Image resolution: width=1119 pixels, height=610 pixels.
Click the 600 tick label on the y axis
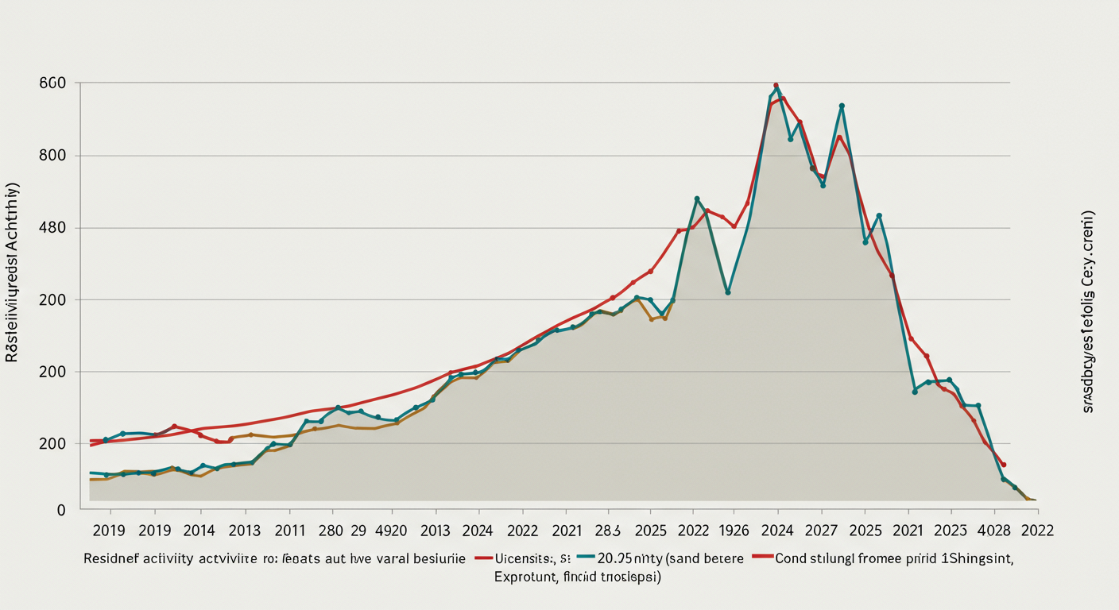pos(52,83)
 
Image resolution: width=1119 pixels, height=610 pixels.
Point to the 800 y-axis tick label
pos(52,156)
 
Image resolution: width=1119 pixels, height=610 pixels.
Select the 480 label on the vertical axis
pos(52,228)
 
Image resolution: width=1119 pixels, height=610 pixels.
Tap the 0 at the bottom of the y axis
pos(60,511)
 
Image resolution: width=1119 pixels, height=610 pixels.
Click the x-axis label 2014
pos(199,531)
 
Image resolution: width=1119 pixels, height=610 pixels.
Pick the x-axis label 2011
pos(289,531)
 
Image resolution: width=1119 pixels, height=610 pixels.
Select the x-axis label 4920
pos(390,531)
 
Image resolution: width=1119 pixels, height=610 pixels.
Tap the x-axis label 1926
pos(735,531)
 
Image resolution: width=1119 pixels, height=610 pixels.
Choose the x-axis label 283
pos(608,531)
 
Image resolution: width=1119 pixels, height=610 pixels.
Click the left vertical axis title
pos(14,274)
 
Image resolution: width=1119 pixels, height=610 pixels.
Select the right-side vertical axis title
pos(1089,311)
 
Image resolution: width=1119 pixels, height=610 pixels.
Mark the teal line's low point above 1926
pos(728,292)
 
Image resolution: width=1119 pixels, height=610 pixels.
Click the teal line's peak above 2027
pos(842,106)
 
